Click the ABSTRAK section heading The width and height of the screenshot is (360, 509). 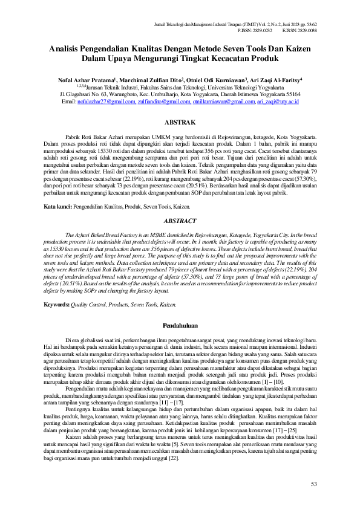pos(180,122)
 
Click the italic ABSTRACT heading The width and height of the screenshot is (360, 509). pos(180,222)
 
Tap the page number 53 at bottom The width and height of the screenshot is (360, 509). pos(313,484)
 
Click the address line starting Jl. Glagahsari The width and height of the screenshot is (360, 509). pos(180,95)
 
